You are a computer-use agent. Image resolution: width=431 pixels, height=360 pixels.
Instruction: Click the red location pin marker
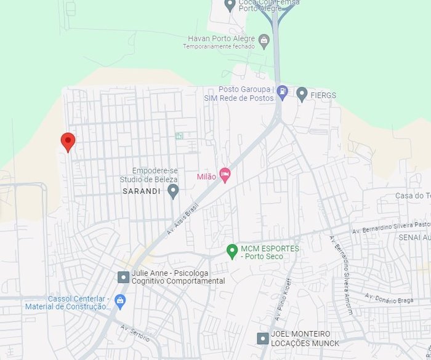(x=68, y=142)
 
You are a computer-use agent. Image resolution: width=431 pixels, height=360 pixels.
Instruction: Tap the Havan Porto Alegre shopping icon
(x=264, y=41)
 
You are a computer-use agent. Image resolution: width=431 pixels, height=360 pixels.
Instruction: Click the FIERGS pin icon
(x=302, y=94)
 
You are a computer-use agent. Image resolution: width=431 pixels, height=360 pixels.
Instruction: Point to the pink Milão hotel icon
(x=225, y=175)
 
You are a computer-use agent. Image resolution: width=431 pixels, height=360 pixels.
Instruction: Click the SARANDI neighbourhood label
(x=141, y=191)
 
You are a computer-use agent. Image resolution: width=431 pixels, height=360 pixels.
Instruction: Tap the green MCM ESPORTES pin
(x=232, y=251)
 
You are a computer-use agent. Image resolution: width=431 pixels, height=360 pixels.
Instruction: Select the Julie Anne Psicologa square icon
(x=124, y=277)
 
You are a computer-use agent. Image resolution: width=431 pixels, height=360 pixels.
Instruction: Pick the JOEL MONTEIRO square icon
(x=263, y=338)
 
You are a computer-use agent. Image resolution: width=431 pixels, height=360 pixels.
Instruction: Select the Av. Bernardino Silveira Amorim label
(x=342, y=274)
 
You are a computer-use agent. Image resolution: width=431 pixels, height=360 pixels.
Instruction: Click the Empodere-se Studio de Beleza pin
(x=173, y=191)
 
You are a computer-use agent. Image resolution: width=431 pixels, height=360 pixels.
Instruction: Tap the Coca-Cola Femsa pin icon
(x=230, y=6)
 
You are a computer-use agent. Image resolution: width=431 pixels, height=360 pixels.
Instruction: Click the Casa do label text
(x=413, y=196)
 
